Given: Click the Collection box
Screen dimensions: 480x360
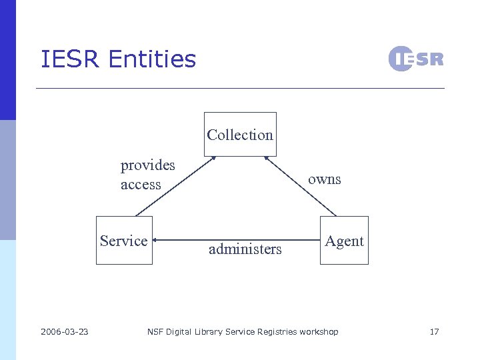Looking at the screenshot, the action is (x=240, y=134).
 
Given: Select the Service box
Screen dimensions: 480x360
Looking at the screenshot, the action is (x=124, y=241).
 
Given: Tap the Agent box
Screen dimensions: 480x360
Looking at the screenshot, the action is (x=344, y=241).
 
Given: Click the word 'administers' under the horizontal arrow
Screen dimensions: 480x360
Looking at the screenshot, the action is (x=245, y=249).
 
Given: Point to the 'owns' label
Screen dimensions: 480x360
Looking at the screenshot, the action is (x=325, y=179).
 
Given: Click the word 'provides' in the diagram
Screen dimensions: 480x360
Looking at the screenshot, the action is (x=147, y=165).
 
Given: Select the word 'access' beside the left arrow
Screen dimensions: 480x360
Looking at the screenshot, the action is (x=141, y=185).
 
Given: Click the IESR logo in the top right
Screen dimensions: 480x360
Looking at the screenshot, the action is (x=415, y=59).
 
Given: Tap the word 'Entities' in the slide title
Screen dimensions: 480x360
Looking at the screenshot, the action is (x=152, y=59).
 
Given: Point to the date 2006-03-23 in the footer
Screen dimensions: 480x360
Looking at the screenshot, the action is (x=65, y=332).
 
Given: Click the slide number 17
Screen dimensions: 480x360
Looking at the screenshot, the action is (x=434, y=332).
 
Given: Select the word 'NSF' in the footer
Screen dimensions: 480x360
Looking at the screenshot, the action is (x=155, y=332).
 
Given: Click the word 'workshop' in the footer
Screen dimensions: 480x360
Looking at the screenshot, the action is (x=319, y=332).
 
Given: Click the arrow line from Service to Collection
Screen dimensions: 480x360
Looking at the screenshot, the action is (x=175, y=187).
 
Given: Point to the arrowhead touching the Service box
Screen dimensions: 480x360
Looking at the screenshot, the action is (x=155, y=240).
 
